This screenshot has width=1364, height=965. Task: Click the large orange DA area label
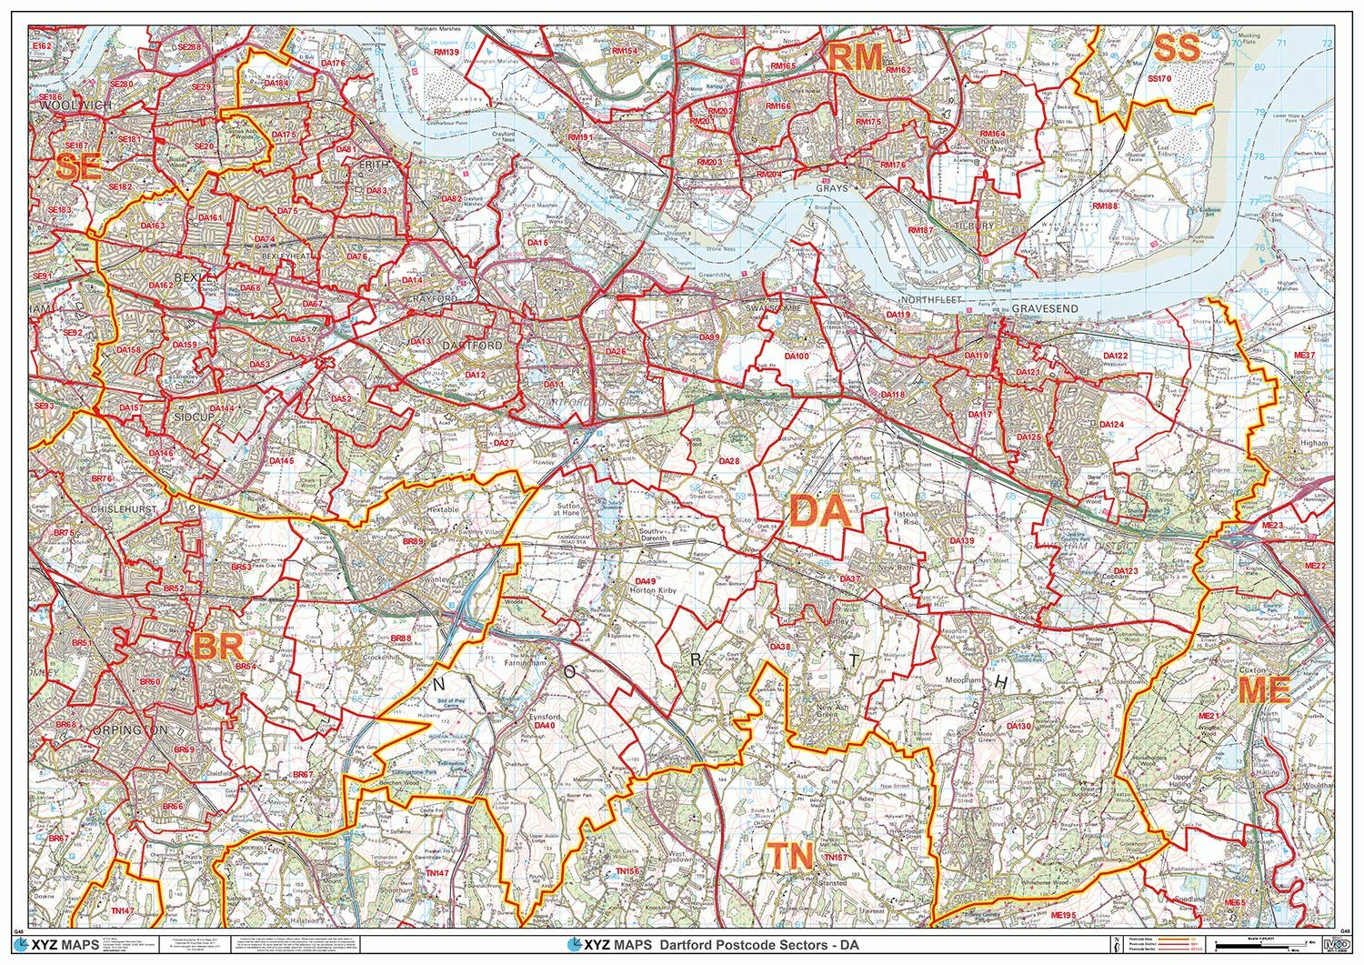[x=819, y=512]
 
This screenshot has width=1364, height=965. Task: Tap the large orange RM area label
[x=854, y=58]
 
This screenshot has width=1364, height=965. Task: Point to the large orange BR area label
[x=218, y=647]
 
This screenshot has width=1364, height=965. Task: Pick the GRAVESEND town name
[x=1044, y=309]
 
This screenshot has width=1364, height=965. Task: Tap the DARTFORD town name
[x=470, y=347]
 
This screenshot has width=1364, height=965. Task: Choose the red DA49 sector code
[x=646, y=580]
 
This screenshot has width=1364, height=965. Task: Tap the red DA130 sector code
[x=1018, y=726]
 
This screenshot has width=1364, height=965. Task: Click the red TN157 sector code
[x=835, y=858]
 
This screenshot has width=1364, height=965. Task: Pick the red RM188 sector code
[x=1105, y=206]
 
